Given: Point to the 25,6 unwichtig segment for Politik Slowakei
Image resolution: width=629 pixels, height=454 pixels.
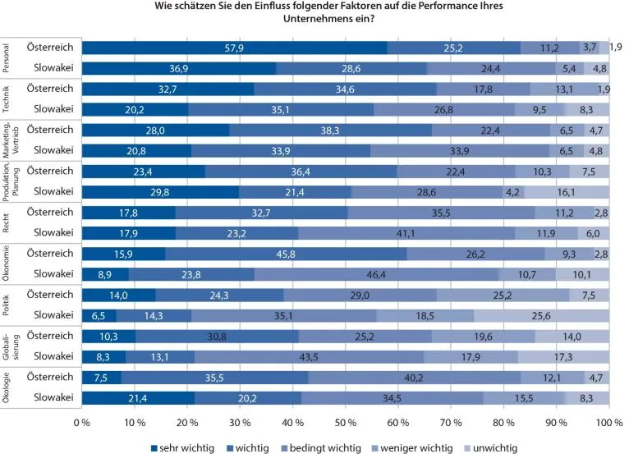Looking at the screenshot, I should click(542, 314).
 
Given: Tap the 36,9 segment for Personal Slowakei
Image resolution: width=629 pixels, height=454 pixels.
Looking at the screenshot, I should click(180, 68).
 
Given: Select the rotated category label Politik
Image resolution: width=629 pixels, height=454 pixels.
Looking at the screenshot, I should click(9, 304).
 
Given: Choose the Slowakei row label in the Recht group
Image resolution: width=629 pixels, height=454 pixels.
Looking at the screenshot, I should click(51, 232).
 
